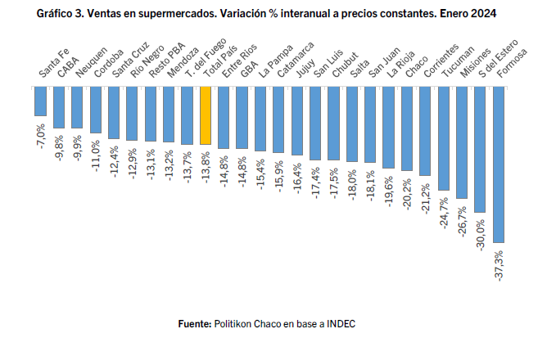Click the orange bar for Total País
pos(206,115)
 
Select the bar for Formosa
pos(499,164)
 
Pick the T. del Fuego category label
pos(199,62)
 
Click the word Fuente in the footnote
pos(195,324)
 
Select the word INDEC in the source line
pos(340,324)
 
